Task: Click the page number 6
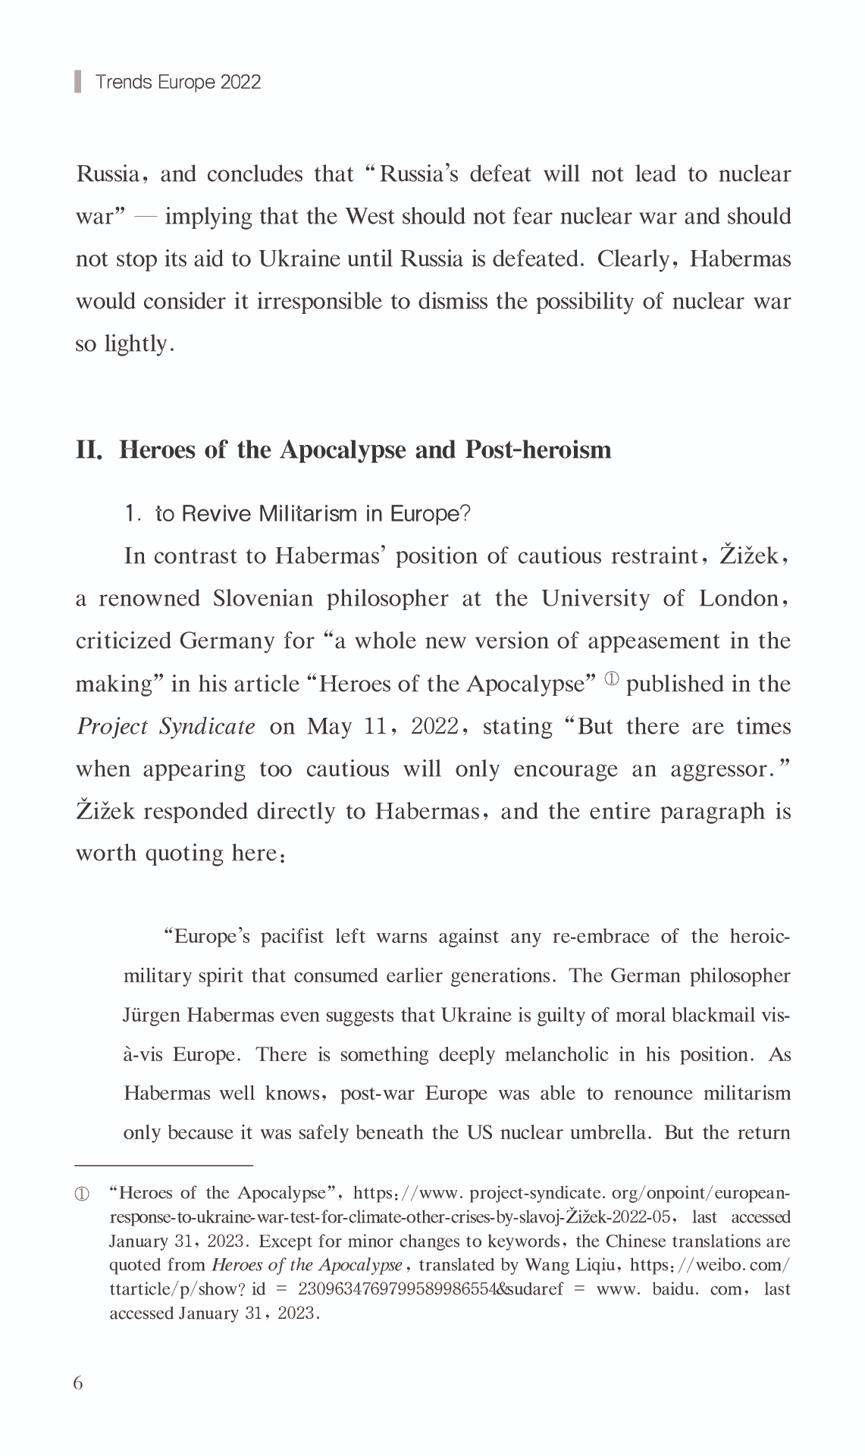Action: point(78,1382)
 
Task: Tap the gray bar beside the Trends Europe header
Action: point(78,81)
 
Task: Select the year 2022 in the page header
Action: point(241,82)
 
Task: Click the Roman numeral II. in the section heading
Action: point(89,449)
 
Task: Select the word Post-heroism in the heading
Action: point(537,449)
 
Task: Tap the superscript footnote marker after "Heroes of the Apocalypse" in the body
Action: point(611,679)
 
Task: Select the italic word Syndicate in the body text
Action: point(207,727)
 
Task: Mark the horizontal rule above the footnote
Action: point(164,1163)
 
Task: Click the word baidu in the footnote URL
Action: point(674,1289)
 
